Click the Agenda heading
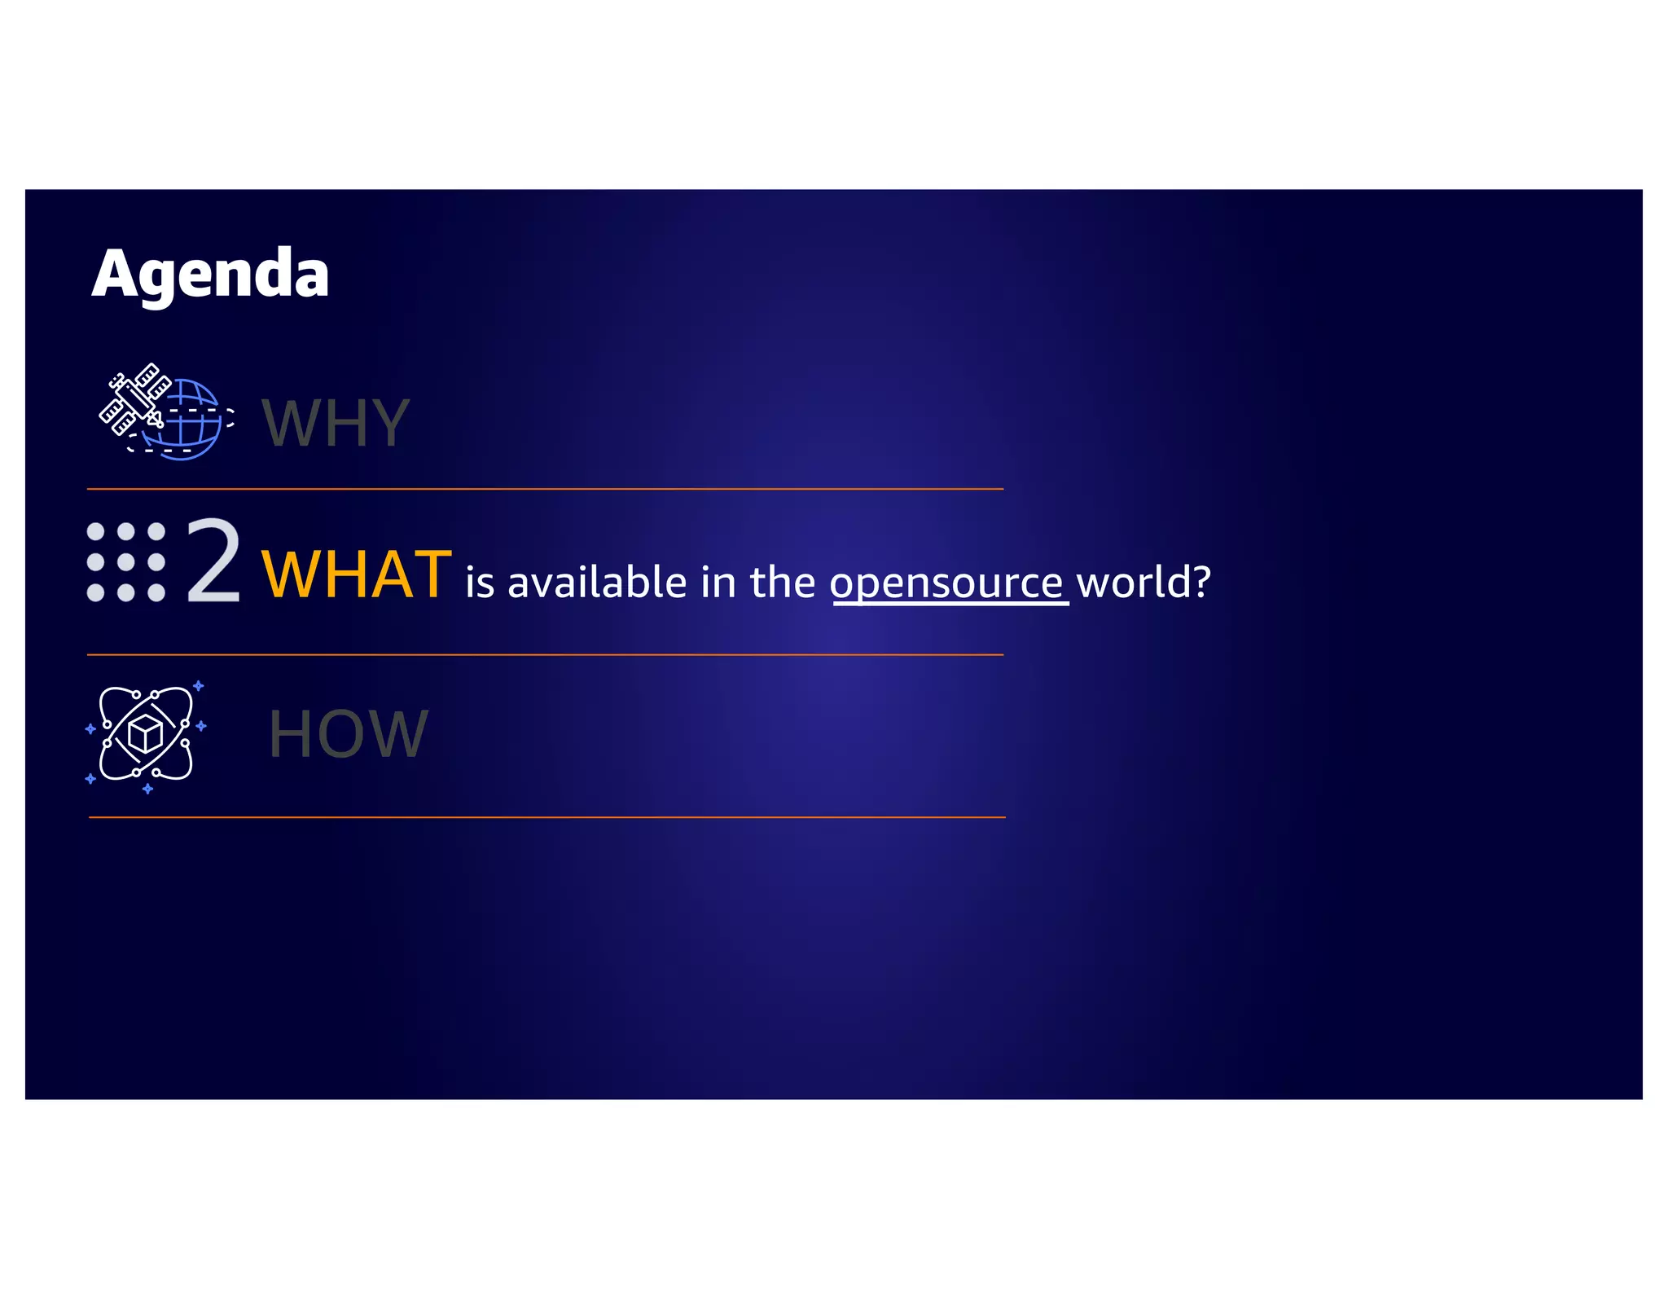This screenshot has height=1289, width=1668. [210, 275]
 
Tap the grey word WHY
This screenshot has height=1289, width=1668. [335, 423]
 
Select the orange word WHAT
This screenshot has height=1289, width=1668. [356, 574]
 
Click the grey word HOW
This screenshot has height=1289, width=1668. [348, 734]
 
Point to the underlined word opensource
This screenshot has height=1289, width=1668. [947, 583]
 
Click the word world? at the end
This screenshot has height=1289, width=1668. [1143, 582]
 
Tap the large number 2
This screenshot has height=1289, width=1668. [213, 561]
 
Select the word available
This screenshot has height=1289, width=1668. [597, 582]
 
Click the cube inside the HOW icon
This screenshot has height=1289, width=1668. [146, 734]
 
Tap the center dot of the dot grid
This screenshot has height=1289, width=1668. [126, 562]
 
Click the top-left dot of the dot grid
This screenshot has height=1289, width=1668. [95, 532]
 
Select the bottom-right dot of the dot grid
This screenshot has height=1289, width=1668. [156, 593]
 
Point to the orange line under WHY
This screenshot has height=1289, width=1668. [545, 489]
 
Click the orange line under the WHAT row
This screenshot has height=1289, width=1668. [545, 654]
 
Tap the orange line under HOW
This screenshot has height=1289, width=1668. [546, 816]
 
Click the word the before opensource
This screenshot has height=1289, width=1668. [782, 582]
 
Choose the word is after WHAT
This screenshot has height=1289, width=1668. [480, 583]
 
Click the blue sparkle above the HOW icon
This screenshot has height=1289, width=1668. [198, 686]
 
